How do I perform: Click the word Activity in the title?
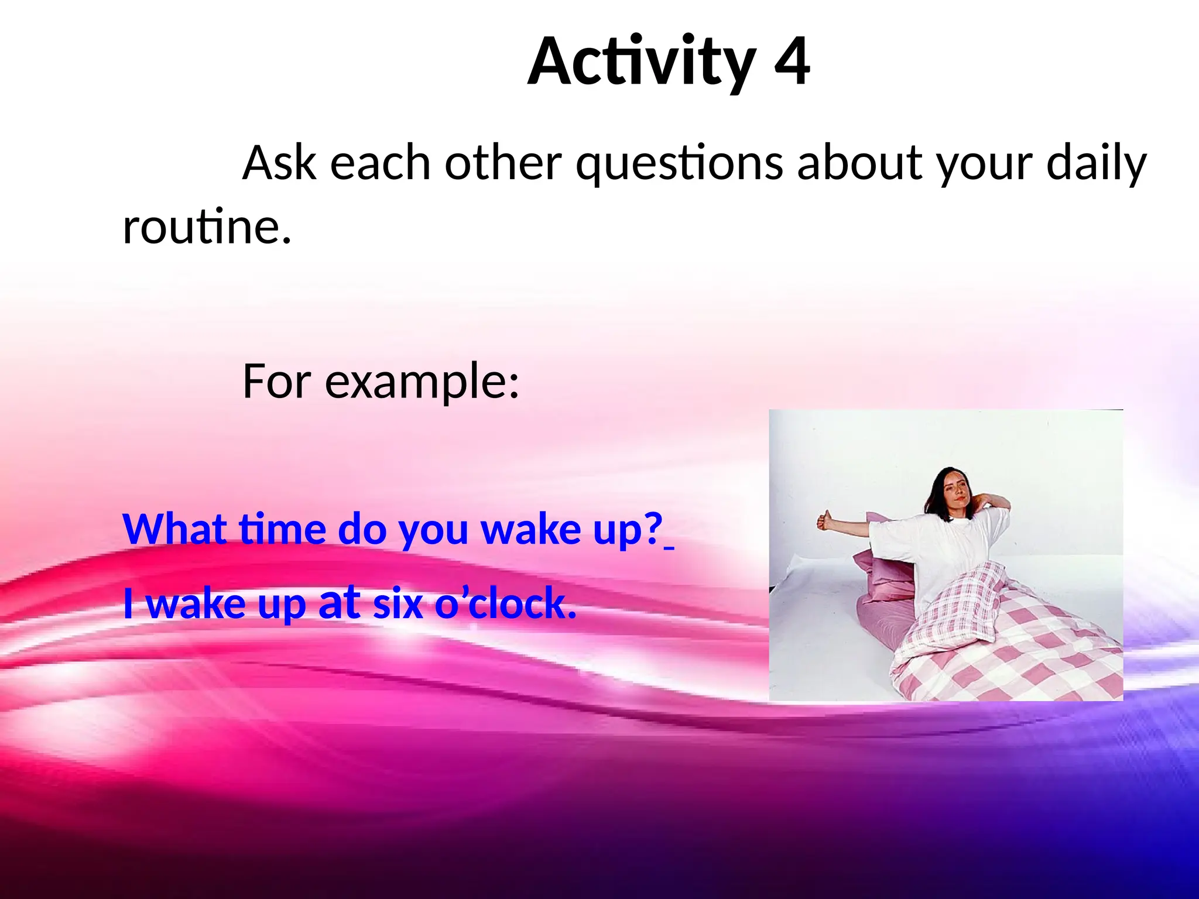641,61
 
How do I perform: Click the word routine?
206,227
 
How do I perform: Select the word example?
422,382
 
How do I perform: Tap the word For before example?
276,382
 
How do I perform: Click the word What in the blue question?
174,529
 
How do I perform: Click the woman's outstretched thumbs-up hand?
825,520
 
